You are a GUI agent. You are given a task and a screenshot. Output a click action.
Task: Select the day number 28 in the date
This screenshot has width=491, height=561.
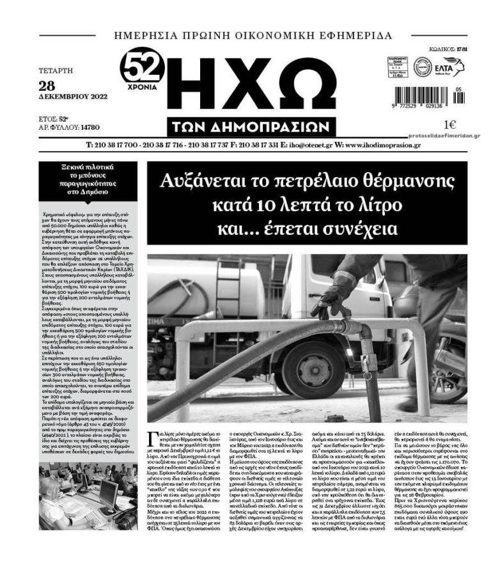point(47,86)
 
